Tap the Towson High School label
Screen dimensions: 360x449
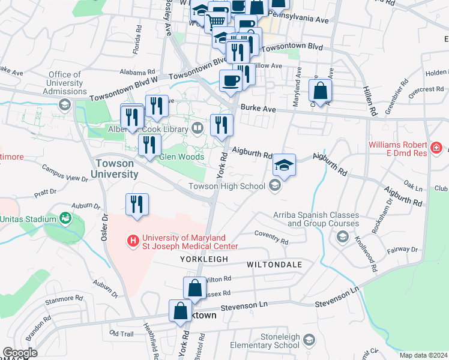[x=226, y=186]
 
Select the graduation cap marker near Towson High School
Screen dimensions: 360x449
[x=285, y=166]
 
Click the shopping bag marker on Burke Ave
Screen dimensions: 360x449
[x=321, y=91]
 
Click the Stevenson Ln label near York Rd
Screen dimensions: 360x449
[x=243, y=307]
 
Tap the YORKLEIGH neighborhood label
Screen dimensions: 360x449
[x=204, y=259]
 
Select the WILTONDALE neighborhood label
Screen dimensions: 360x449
[x=272, y=264]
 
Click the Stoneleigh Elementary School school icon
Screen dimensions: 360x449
[x=309, y=341]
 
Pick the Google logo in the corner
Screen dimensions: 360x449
[x=20, y=353]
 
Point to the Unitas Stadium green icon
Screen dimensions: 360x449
[x=65, y=218]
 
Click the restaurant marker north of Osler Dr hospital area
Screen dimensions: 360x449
[x=137, y=205]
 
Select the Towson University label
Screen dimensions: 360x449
[x=114, y=169]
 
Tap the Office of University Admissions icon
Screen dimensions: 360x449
[x=64, y=106]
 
